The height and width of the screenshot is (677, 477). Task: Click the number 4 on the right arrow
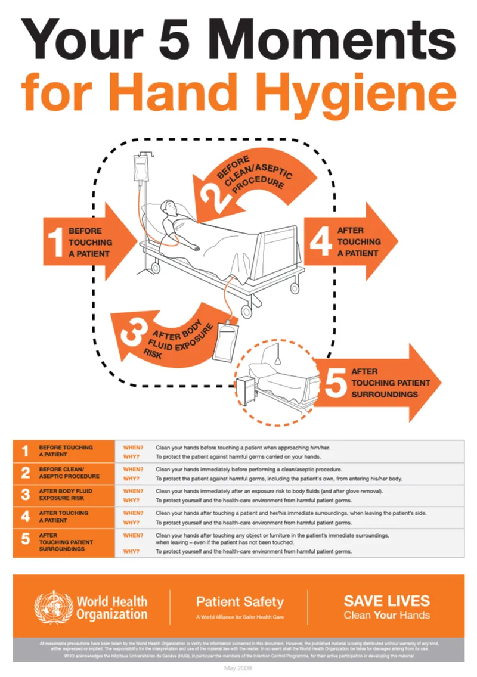pyautogui.click(x=321, y=242)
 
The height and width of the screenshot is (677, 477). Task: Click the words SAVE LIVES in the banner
pyautogui.click(x=386, y=600)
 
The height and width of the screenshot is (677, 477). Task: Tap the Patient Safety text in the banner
pyautogui.click(x=240, y=601)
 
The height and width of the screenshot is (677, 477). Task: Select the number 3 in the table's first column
pyautogui.click(x=25, y=494)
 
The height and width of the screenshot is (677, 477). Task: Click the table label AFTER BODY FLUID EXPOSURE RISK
pyautogui.click(x=66, y=494)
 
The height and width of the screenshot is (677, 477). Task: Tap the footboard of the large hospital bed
pyautogui.click(x=281, y=251)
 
